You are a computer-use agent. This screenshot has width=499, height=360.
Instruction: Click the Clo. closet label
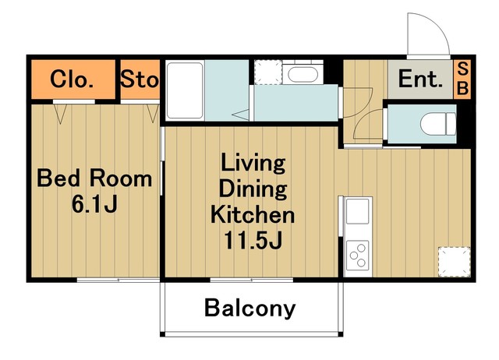click(72, 79)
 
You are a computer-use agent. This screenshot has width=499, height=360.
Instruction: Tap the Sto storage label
click(140, 79)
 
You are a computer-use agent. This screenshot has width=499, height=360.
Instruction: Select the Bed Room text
click(95, 178)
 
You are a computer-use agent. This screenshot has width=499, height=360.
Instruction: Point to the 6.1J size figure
click(95, 204)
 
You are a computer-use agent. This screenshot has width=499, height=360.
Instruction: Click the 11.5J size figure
click(253, 240)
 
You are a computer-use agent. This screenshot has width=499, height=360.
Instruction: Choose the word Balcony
click(249, 308)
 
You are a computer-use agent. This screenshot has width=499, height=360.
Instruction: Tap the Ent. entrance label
click(420, 79)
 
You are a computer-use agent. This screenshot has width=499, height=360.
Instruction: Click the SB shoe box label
click(462, 79)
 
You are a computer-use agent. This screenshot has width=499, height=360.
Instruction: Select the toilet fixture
click(438, 124)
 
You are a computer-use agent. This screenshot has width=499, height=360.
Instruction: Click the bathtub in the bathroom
click(185, 91)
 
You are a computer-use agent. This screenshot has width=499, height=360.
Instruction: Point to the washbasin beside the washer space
click(303, 75)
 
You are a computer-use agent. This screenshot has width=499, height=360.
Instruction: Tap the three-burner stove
click(358, 256)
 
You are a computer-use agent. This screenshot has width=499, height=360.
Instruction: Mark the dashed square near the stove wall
click(454, 262)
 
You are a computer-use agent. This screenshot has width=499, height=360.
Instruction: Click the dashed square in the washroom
click(268, 72)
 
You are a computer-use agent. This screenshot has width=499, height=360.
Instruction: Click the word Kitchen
click(253, 215)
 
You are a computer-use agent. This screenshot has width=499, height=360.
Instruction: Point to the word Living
click(253, 163)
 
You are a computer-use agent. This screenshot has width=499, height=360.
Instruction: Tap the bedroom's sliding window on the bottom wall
click(118, 280)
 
